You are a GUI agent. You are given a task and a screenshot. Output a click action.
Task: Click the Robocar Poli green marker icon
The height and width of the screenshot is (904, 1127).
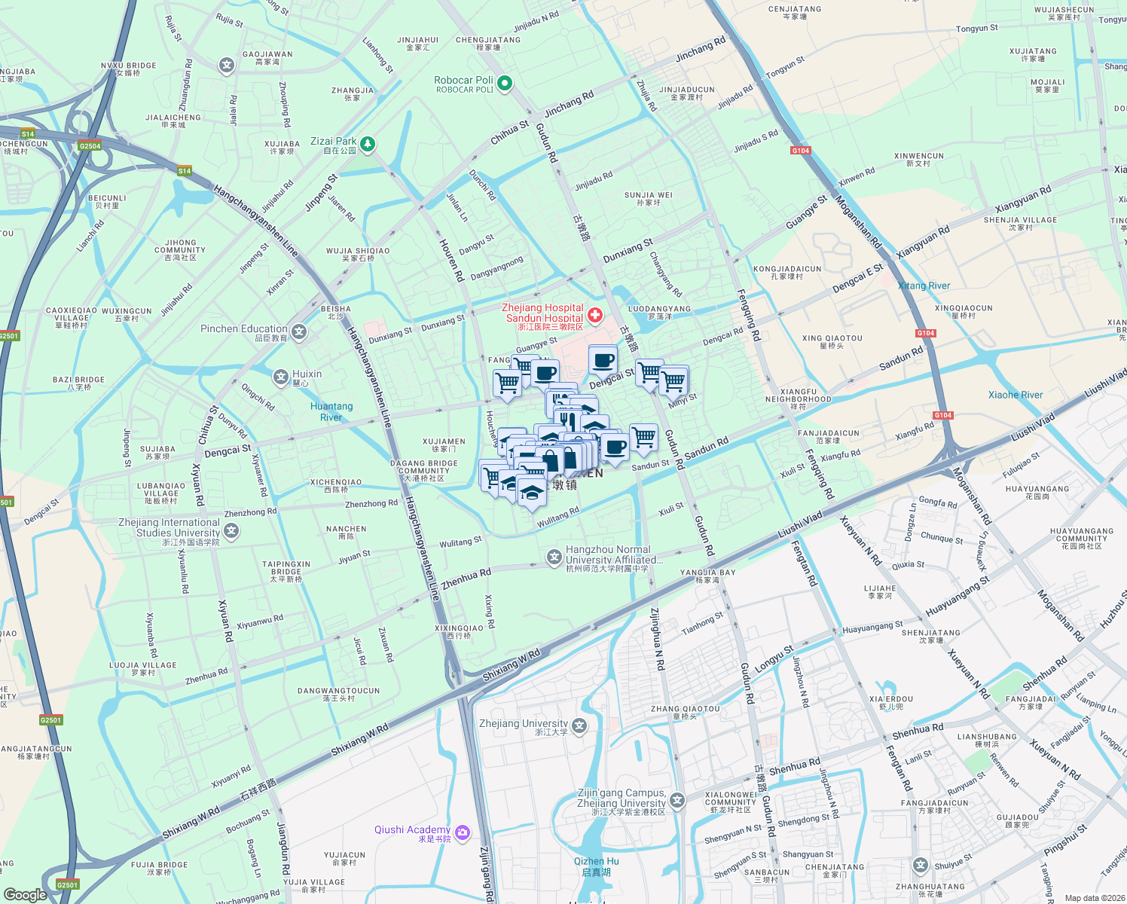pos(505,84)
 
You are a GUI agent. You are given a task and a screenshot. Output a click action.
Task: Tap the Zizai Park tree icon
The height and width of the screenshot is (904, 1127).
pos(368,144)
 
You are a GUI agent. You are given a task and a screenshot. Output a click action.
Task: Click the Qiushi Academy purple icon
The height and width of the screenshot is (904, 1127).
pos(463,832)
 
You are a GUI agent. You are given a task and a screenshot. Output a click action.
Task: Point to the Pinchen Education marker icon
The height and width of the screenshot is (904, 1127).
pos(299,331)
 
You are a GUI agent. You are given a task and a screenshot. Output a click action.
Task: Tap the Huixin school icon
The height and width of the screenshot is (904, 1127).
pos(281,377)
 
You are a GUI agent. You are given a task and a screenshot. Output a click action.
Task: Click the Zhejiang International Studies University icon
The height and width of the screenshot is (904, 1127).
pos(231,531)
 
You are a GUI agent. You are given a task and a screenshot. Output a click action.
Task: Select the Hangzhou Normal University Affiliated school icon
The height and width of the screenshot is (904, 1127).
pos(554,557)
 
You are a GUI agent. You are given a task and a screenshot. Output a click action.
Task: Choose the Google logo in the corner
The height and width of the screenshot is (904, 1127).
pos(25,894)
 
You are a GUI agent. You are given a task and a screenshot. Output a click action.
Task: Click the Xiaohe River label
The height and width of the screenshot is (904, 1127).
pos(1016,395)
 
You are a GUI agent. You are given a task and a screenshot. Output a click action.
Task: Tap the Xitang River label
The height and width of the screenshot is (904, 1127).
pos(924,286)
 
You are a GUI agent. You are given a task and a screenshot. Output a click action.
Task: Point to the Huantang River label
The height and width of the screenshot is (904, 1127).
pos(331,411)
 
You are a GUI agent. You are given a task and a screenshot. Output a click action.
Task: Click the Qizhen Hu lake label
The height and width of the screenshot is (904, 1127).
pos(597,866)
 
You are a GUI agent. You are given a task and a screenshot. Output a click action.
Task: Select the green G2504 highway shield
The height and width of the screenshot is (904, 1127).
pos(90,146)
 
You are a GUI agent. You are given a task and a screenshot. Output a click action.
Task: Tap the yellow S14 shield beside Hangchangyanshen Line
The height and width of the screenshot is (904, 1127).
pos(185,171)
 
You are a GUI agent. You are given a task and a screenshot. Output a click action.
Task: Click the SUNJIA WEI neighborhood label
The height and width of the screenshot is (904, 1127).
pos(649,198)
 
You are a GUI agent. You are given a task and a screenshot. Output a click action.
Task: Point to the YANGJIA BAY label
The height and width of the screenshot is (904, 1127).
pos(707,576)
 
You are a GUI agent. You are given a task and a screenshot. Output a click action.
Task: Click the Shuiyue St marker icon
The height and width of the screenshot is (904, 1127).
pos(920,865)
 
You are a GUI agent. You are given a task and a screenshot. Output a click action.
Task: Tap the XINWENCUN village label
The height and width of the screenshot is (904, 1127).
pos(918,159)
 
